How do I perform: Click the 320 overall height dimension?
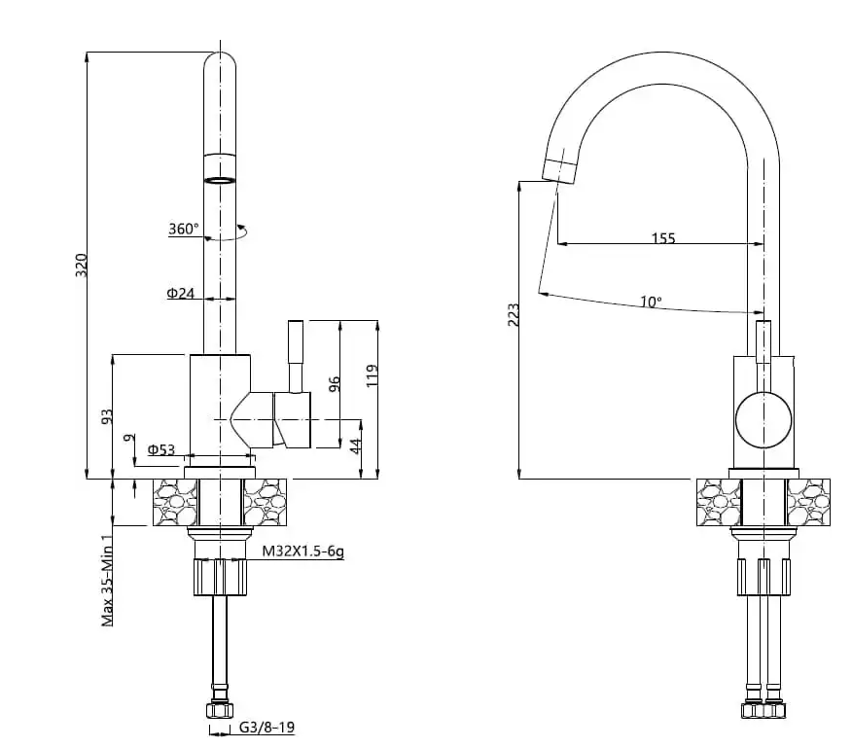82,264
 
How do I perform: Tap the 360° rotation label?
183,230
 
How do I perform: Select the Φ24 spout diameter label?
181,293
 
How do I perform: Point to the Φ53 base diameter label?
161,449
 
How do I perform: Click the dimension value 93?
108,416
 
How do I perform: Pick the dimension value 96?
335,383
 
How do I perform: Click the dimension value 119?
372,374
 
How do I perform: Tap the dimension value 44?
356,445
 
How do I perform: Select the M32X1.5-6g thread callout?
303,552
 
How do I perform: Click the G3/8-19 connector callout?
266,727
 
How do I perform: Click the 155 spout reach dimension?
662,238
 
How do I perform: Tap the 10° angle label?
651,303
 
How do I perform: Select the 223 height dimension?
514,314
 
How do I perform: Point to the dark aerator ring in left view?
221,180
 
